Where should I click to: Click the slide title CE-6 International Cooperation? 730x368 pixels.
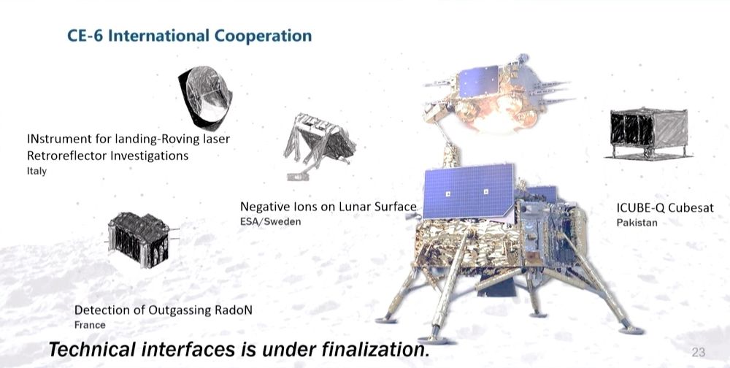point(190,36)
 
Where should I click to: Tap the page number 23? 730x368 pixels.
point(699,353)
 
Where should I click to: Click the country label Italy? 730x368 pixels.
point(36,171)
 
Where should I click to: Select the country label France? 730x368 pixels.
point(90,325)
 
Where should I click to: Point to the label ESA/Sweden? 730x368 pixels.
point(271,221)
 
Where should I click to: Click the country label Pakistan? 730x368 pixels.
point(637,223)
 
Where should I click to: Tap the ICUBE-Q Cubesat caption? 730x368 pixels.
point(665,208)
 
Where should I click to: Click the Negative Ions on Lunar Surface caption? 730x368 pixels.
point(328,207)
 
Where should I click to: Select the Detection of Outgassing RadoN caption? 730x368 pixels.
point(163,310)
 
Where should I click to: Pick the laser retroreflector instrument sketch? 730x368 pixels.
point(205,98)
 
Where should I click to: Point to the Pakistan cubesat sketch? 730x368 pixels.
point(648,133)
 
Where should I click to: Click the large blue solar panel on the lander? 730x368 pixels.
point(469,191)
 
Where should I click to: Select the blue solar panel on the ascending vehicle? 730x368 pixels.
point(479,81)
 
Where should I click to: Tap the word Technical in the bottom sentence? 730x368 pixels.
point(92,349)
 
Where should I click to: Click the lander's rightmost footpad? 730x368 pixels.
point(631,330)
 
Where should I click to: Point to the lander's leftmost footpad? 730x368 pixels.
point(386,320)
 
